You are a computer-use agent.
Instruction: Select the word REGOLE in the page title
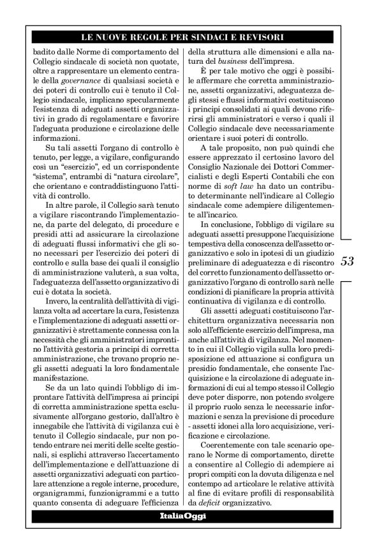pyautogui.click(x=164, y=38)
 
